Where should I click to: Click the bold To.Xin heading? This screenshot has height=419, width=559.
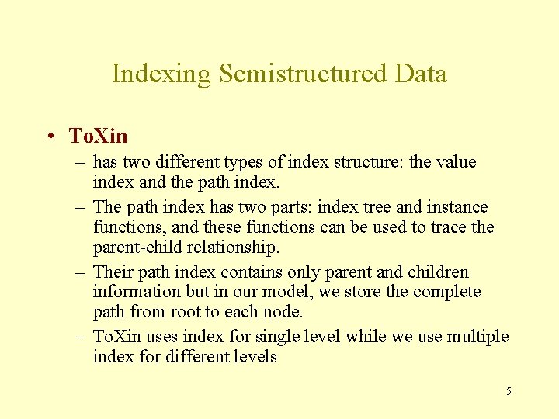pyautogui.click(x=98, y=137)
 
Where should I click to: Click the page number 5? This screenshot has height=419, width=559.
pyautogui.click(x=509, y=391)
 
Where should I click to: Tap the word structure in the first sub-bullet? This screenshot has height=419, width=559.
pyautogui.click(x=377, y=162)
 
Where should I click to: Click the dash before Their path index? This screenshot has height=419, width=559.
pyautogui.click(x=80, y=272)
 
